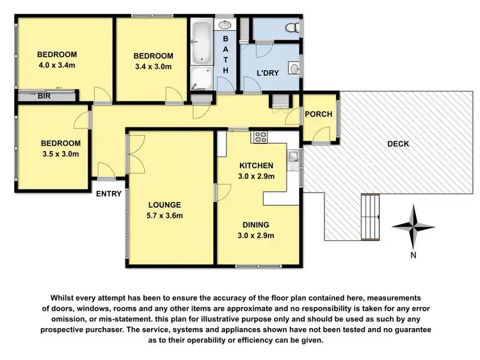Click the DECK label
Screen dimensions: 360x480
click(x=398, y=144)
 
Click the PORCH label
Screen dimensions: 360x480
click(x=318, y=114)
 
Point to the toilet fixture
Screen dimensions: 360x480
click(x=292, y=27)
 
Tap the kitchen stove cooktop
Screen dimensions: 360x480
click(x=261, y=136)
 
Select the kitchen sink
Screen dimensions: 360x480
click(x=294, y=157)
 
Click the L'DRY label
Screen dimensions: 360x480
click(x=268, y=73)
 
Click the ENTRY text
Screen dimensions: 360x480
click(x=108, y=194)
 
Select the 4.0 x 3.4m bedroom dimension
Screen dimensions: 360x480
click(x=57, y=65)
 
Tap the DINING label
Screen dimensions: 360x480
click(x=255, y=224)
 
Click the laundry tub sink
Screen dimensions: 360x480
click(x=294, y=67)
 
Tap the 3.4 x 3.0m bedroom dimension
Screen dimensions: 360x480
click(x=154, y=66)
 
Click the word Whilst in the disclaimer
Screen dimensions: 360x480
click(x=64, y=298)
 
